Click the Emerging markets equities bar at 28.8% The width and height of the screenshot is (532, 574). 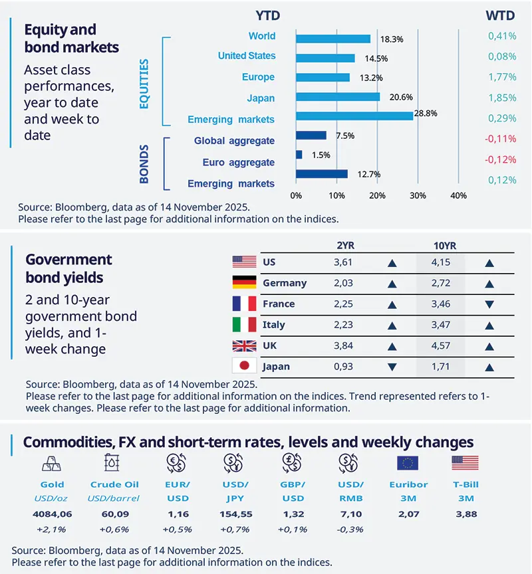354,116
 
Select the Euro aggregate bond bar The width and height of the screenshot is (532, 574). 299,155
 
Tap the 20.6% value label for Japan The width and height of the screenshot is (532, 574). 393,97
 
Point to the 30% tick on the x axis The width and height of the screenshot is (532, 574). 418,196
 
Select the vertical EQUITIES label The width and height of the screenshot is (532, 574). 144,81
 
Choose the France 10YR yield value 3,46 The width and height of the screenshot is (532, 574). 440,304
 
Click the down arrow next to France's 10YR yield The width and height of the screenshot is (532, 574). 489,304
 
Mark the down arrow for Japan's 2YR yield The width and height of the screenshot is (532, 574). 391,367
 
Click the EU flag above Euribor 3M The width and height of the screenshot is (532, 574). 407,463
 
